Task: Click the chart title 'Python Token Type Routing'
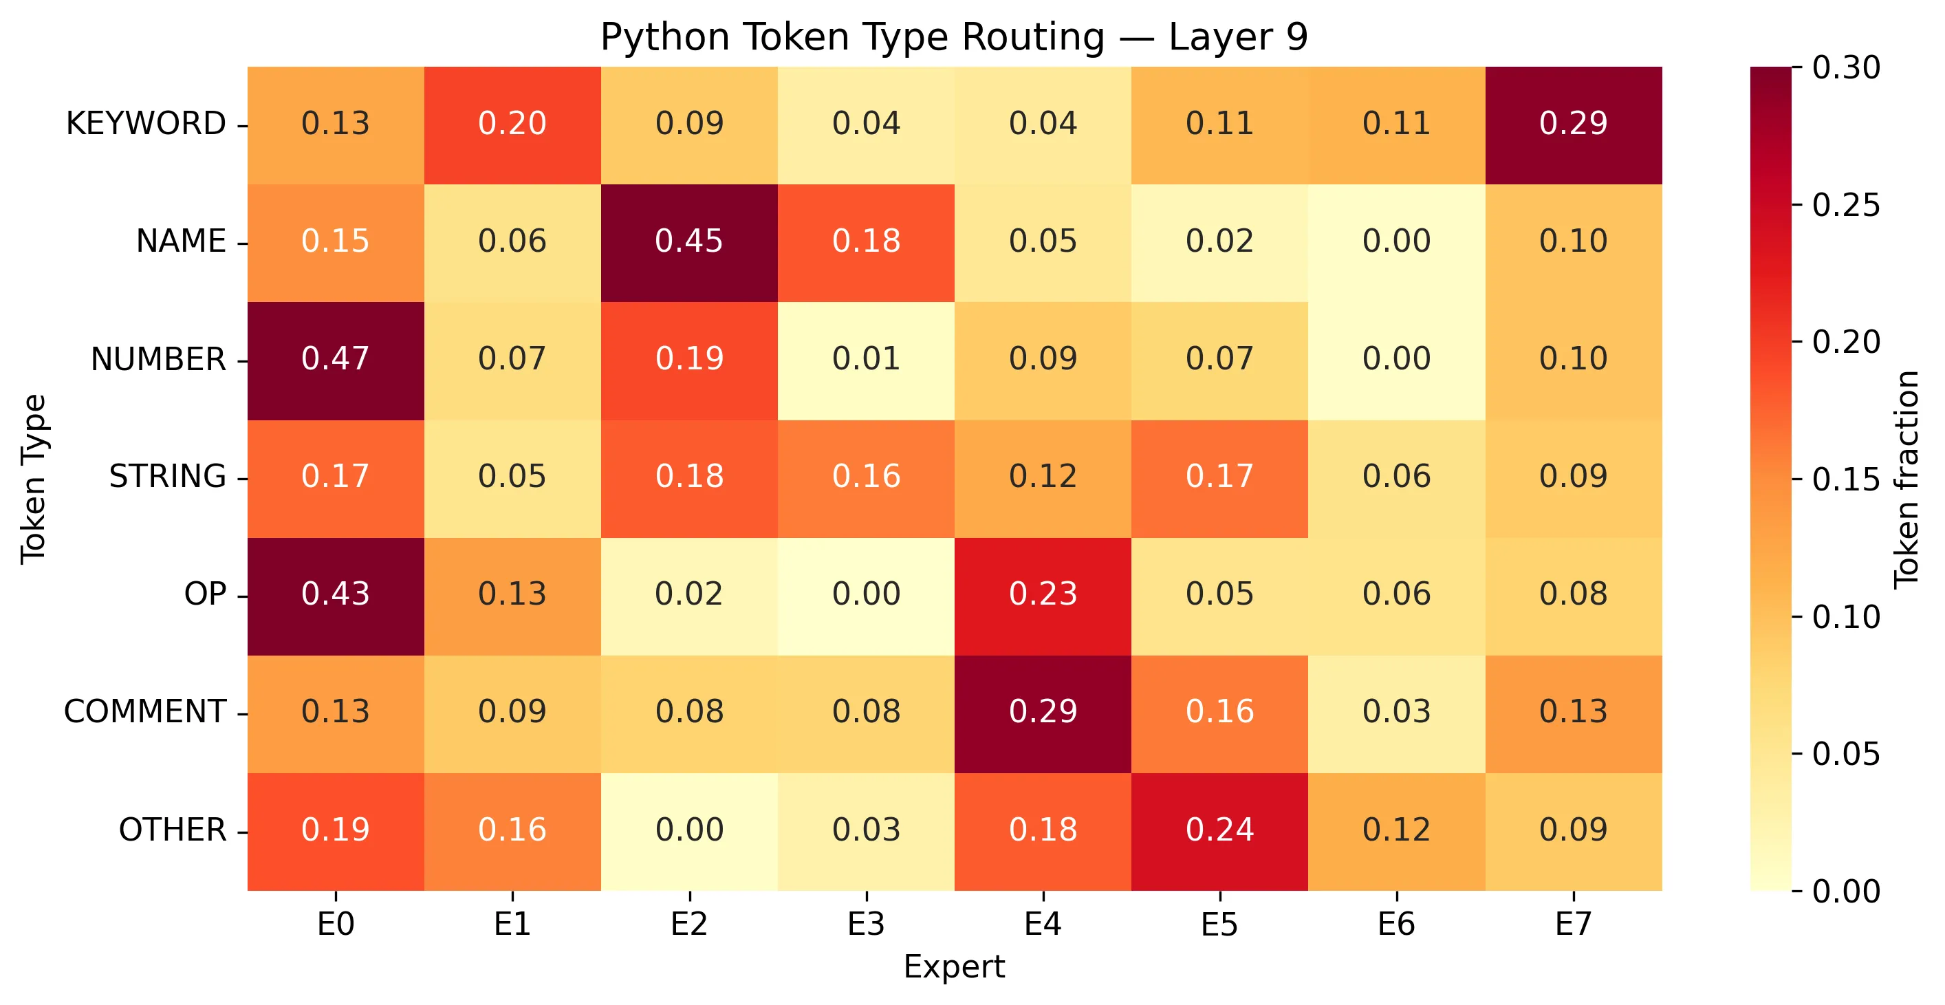tap(954, 37)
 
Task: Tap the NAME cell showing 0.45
tap(688, 241)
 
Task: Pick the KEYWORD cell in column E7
tap(1573, 124)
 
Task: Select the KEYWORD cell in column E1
tap(512, 124)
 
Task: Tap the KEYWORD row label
tap(146, 124)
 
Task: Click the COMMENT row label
tap(145, 712)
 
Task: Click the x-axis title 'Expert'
tap(954, 967)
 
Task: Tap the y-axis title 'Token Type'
tap(34, 479)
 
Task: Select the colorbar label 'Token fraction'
tap(1906, 479)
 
